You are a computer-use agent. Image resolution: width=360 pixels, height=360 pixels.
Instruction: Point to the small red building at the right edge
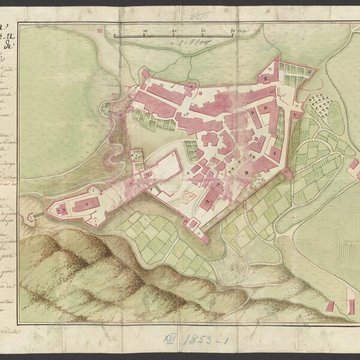354,165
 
